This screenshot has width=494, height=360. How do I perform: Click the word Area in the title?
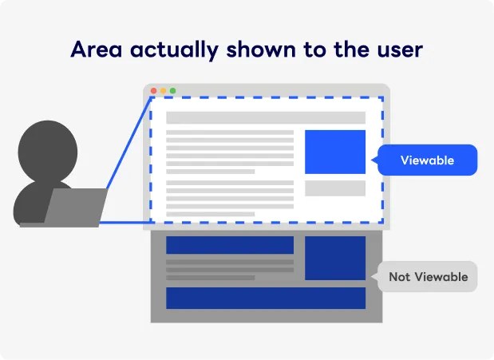pos(97,49)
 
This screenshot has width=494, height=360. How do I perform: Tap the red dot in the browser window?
pos(154,91)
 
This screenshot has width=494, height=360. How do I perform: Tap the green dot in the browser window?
pos(172,91)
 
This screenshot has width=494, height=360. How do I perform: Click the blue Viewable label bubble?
pos(427,160)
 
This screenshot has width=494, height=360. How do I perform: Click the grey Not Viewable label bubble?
pos(428,277)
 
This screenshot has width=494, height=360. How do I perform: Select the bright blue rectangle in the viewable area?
pos(335,152)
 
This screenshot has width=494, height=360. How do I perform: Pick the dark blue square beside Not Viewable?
pos(335,258)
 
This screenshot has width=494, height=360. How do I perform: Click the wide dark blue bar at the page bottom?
pos(266,298)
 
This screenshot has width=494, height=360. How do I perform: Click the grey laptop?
pos(75,208)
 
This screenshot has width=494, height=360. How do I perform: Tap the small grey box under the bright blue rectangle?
pos(335,188)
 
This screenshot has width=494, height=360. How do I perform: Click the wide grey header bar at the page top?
pos(266,118)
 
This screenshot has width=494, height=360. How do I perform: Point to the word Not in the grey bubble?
pos(399,277)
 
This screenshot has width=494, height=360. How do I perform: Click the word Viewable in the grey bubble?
pos(441,277)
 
